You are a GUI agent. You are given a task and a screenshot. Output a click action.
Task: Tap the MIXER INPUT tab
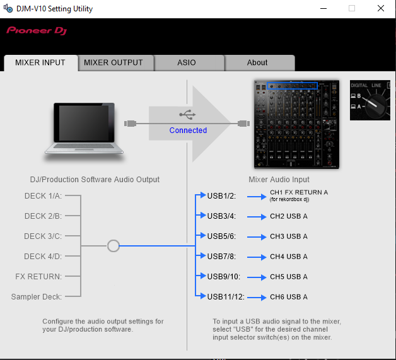[40, 62]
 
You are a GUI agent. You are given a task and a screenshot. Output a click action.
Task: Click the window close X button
[381, 8]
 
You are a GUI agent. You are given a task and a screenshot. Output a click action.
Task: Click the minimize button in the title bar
[323, 8]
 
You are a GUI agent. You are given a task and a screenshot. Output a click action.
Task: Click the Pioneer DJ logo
[37, 31]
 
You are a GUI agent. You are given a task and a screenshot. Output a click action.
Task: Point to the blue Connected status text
[188, 131]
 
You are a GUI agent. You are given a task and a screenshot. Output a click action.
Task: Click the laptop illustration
[84, 129]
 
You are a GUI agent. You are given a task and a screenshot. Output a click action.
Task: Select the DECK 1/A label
[43, 196]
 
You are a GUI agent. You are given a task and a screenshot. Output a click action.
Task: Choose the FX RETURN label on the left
[38, 277]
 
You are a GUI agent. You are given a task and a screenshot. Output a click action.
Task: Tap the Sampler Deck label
[37, 297]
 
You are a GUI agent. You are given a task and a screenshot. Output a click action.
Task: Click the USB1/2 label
[221, 196]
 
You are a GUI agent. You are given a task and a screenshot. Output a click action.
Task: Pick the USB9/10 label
[224, 277]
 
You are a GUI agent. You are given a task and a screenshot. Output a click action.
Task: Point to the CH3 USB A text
[289, 236]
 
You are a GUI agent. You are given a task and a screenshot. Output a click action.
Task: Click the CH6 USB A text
[289, 297]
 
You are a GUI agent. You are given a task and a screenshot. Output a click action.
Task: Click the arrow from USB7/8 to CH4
[257, 257]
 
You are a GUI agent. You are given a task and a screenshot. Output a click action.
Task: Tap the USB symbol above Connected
[187, 114]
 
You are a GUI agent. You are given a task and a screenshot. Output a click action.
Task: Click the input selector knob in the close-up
[376, 107]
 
